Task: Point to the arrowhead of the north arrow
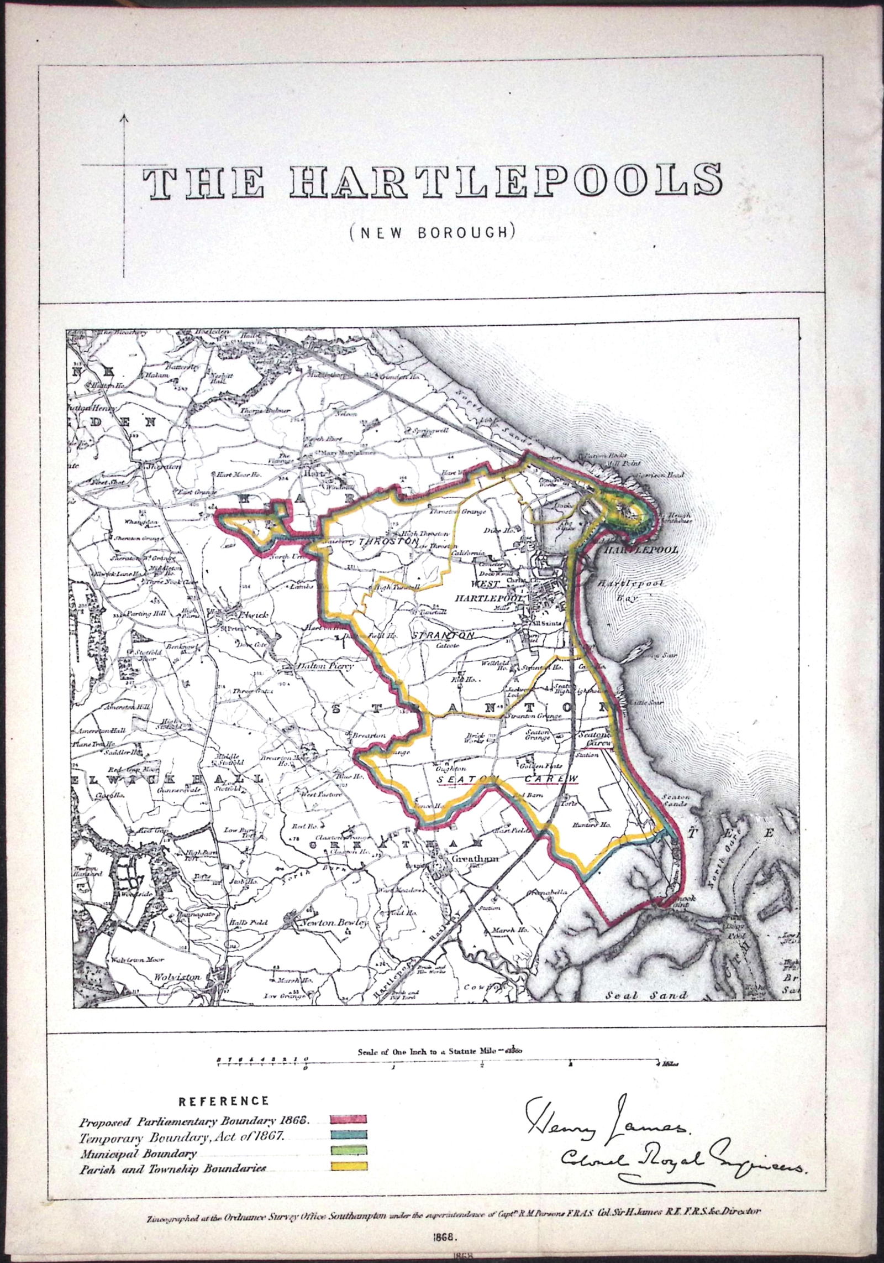click(x=123, y=117)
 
